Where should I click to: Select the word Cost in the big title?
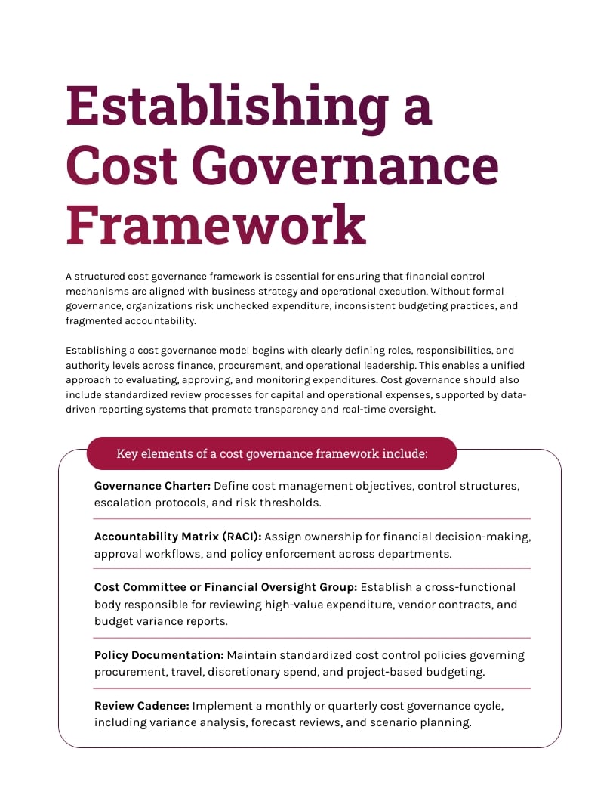(x=120, y=165)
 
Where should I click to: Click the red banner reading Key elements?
(x=272, y=453)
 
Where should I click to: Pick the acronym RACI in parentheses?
(x=239, y=537)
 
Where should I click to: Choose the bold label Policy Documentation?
(x=159, y=655)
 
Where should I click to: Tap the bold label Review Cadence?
(x=141, y=706)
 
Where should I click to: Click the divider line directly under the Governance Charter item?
(x=312, y=518)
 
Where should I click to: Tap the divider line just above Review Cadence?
(x=312, y=688)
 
